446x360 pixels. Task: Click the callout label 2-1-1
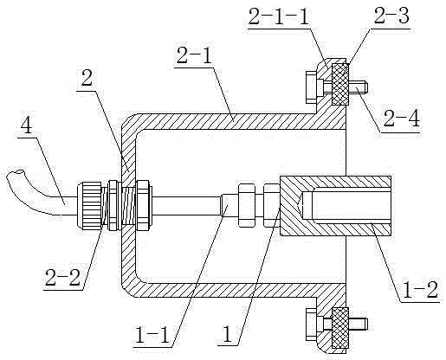[x=278, y=17]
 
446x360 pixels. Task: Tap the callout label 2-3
[x=391, y=16]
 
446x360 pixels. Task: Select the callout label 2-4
[x=401, y=119]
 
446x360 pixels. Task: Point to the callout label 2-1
[x=194, y=56]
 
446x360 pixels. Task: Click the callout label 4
[x=28, y=125]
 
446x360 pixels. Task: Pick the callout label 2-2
[x=62, y=278]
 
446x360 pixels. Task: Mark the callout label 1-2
[x=420, y=289]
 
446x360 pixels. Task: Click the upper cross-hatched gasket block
[x=340, y=84]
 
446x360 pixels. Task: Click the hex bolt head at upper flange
[x=311, y=87]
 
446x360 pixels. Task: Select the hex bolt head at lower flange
[x=311, y=325]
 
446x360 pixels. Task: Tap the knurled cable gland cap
[x=89, y=205]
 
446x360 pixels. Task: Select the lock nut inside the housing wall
[x=143, y=205]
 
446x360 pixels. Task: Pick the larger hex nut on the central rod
[x=246, y=205]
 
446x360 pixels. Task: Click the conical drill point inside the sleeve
[x=301, y=205]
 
